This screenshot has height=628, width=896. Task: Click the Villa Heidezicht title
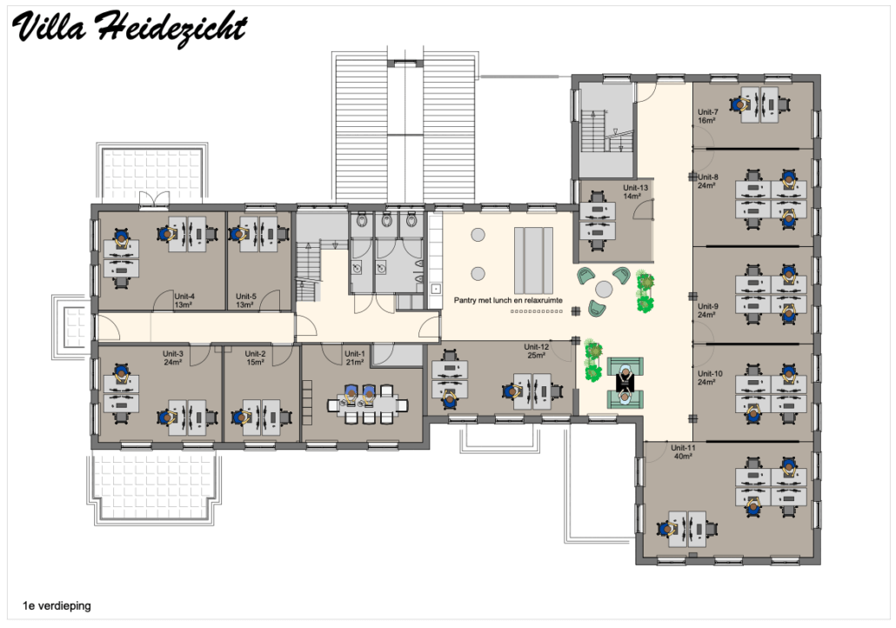(x=129, y=28)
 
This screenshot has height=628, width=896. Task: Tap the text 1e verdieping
(x=57, y=605)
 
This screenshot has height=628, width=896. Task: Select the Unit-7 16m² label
(x=707, y=116)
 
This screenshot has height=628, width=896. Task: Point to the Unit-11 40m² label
(x=683, y=452)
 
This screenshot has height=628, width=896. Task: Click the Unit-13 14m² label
(x=635, y=191)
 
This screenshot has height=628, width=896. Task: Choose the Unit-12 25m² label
(x=536, y=351)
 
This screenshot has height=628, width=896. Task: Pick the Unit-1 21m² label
(x=354, y=357)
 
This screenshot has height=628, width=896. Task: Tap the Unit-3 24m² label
(x=172, y=357)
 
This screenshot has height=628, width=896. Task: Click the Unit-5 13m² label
(x=245, y=301)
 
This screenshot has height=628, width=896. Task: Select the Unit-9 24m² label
(x=707, y=311)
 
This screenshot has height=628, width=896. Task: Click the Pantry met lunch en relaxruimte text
(x=508, y=300)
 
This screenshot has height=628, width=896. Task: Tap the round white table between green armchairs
(x=604, y=289)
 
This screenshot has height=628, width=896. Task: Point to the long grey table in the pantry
(x=533, y=261)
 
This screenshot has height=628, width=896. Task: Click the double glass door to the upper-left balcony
(x=154, y=199)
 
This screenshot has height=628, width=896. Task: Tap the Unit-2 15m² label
(x=255, y=357)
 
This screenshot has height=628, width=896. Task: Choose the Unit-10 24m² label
(x=710, y=377)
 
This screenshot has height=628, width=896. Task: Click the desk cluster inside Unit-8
(x=771, y=199)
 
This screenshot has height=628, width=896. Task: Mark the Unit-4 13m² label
(x=184, y=301)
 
